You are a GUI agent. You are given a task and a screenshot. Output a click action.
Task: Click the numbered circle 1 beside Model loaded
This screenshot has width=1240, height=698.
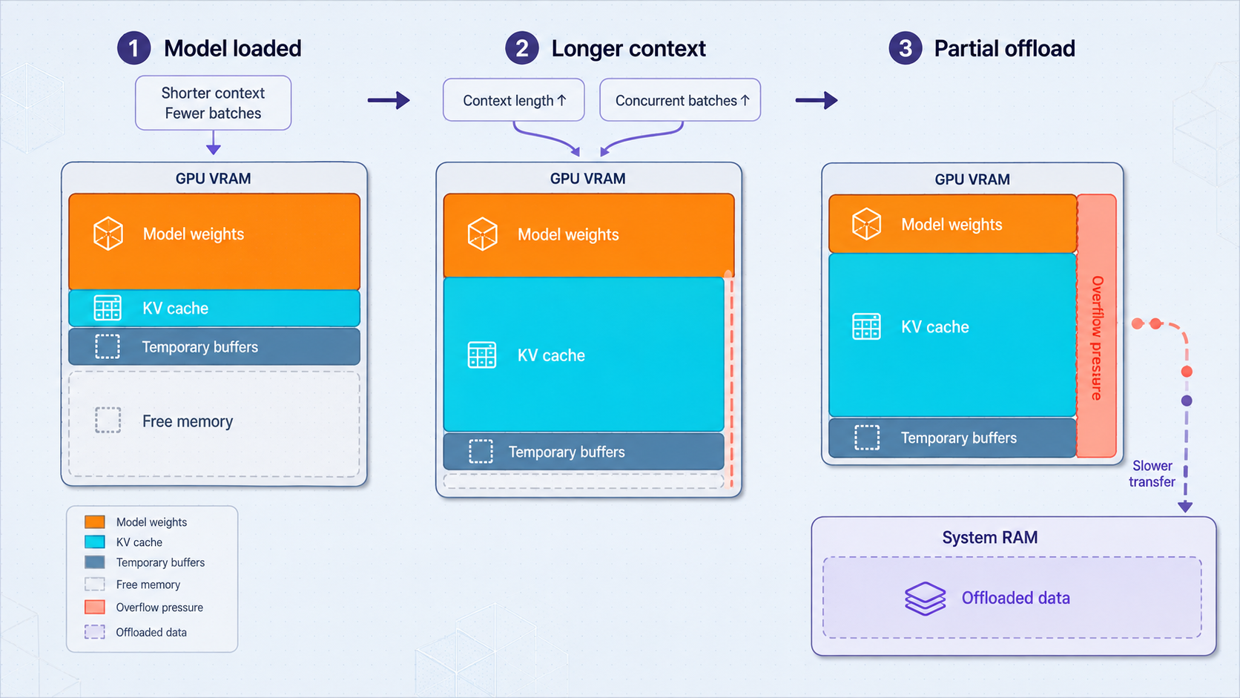(134, 48)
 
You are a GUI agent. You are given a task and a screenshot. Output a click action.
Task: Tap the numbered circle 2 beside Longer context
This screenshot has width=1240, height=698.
(521, 48)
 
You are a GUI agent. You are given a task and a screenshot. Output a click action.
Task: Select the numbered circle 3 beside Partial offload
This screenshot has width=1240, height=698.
(905, 48)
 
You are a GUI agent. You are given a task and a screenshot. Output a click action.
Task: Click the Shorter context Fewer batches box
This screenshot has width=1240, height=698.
(213, 103)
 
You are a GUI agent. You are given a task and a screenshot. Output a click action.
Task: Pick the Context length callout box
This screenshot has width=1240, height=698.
(514, 100)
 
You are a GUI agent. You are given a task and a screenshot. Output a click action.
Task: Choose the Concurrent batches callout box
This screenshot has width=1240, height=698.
(680, 100)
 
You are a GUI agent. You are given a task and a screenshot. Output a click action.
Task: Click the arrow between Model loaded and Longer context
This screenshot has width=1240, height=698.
(389, 100)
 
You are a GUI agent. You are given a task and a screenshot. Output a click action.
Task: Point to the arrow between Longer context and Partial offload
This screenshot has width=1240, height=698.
(817, 100)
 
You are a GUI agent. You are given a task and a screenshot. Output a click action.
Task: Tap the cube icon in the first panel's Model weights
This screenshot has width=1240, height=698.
(108, 234)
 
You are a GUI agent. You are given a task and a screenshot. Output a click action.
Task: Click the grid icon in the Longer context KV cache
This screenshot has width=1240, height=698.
(481, 355)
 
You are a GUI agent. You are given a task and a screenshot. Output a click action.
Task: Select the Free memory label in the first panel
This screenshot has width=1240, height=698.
(188, 421)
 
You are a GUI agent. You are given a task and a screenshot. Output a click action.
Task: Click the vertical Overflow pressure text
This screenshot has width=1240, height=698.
(1097, 338)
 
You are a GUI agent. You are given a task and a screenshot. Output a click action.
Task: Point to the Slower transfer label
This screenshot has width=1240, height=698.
(1152, 474)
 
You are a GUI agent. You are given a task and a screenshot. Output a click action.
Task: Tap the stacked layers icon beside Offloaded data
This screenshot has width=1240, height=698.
(925, 599)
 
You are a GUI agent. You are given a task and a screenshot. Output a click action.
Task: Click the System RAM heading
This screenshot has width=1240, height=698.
(990, 538)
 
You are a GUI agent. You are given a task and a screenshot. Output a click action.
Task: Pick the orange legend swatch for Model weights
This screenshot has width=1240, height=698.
(95, 522)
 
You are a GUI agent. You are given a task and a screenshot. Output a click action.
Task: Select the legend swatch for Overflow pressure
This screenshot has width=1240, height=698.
(95, 608)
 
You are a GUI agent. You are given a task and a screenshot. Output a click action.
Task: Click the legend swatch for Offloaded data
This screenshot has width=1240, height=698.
(95, 632)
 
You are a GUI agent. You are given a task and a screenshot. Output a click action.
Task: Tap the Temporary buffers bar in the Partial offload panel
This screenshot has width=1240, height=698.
(952, 438)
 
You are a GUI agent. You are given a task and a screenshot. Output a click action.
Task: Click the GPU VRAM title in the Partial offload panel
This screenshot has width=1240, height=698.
(972, 180)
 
